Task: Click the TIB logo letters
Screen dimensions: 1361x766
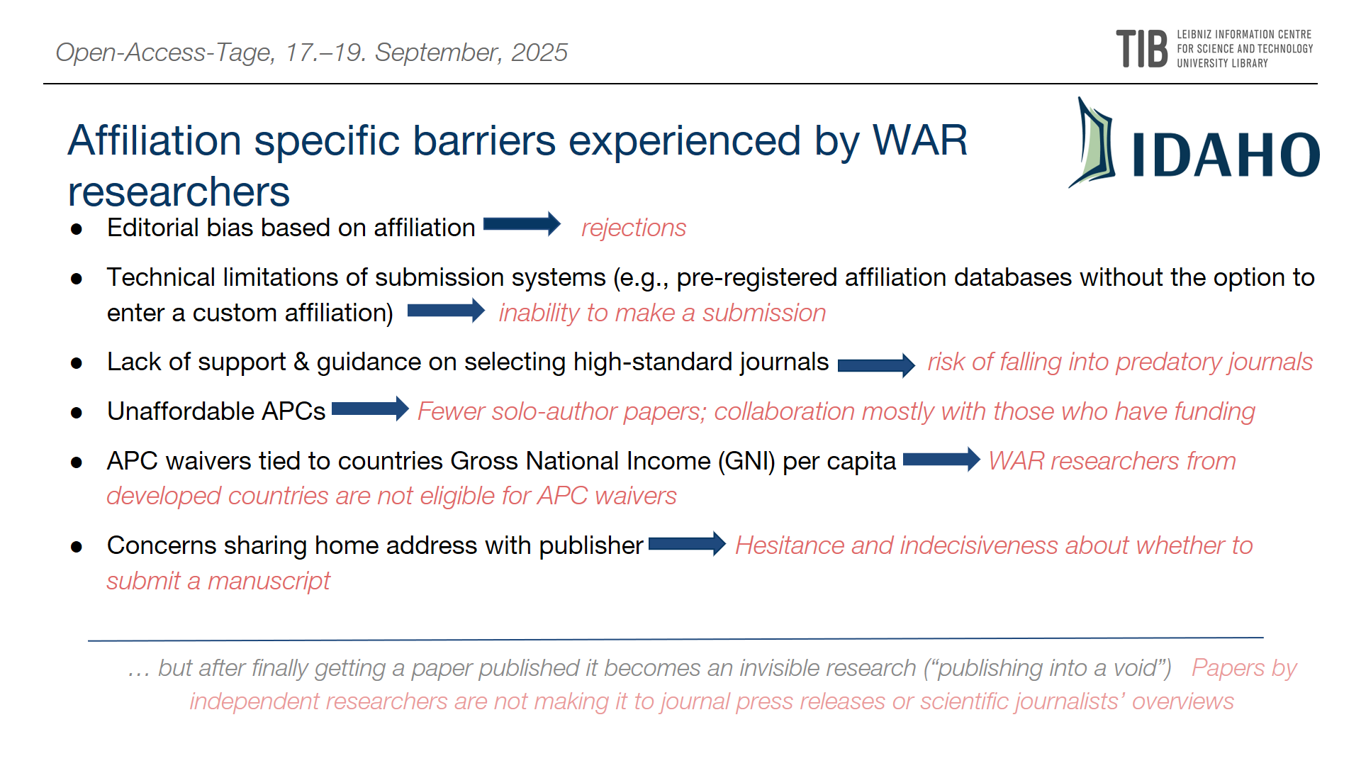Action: pyautogui.click(x=1141, y=49)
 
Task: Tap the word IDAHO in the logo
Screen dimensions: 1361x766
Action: pyautogui.click(x=1226, y=155)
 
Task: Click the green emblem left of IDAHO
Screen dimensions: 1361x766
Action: pyautogui.click(x=1092, y=143)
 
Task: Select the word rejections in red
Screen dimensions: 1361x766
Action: pyautogui.click(x=634, y=228)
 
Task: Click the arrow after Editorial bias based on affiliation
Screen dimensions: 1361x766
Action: pyautogui.click(x=522, y=224)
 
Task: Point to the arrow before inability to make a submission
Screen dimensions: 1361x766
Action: pyautogui.click(x=446, y=311)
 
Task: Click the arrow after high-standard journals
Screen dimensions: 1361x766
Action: pyautogui.click(x=876, y=365)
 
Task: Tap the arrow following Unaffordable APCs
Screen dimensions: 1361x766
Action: pyautogui.click(x=370, y=409)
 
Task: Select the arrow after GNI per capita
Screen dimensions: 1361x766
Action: pyautogui.click(x=941, y=460)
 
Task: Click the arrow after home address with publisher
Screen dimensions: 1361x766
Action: pyautogui.click(x=687, y=544)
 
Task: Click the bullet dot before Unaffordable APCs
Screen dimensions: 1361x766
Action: pyautogui.click(x=77, y=413)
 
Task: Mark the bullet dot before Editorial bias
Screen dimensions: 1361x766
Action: pyautogui.click(x=77, y=229)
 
